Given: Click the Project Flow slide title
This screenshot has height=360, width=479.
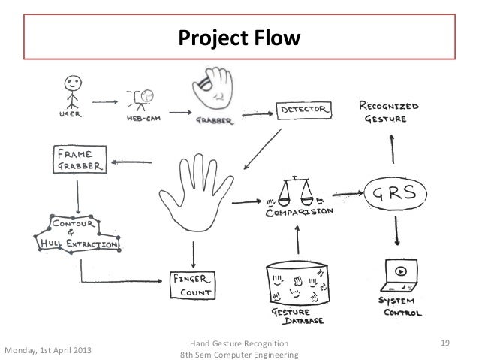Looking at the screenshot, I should tap(238, 37).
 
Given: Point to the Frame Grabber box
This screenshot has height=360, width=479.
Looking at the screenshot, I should tap(78, 160).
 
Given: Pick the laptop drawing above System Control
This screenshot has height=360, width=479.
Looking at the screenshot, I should tap(399, 275).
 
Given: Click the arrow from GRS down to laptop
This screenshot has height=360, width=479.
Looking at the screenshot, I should tap(396, 234).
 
